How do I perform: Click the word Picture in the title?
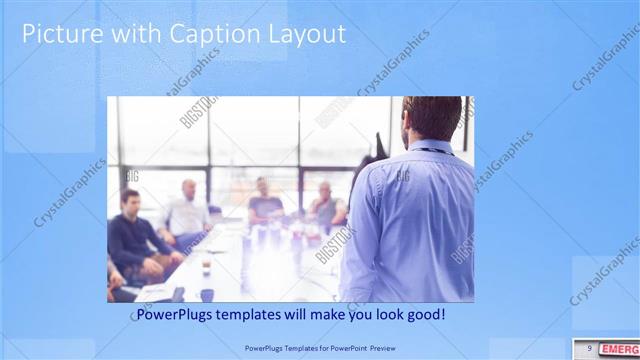click(x=60, y=34)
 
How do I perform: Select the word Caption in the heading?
click(x=212, y=34)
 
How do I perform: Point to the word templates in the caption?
click(x=262, y=315)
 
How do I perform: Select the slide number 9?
click(x=590, y=348)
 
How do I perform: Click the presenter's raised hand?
click(x=380, y=140)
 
